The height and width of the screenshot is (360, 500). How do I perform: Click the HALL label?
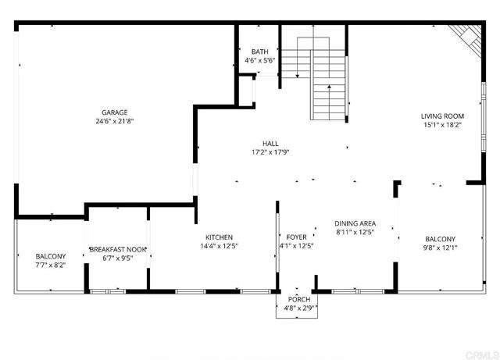(270, 144)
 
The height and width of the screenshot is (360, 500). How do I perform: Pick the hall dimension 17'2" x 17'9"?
(270, 153)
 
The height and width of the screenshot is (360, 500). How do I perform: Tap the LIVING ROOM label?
(443, 116)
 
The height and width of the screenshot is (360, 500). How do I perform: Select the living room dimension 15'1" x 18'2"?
(443, 125)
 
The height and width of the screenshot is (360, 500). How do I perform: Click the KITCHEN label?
(219, 237)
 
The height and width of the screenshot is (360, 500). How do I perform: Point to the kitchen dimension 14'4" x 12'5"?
(219, 247)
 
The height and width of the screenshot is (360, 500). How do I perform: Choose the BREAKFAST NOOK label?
(118, 249)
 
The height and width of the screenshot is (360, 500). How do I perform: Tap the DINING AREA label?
(355, 223)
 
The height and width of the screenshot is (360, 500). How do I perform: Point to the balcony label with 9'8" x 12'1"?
(440, 240)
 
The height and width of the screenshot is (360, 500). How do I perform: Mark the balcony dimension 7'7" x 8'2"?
(51, 266)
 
